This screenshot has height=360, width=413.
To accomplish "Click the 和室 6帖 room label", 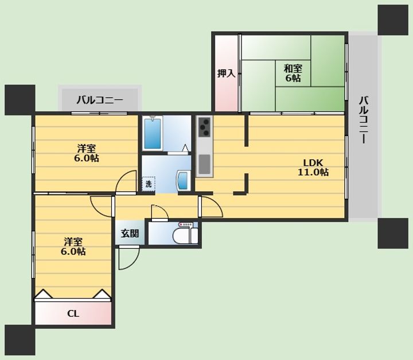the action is coord(293,73).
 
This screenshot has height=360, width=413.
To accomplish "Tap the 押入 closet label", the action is coord(226,73).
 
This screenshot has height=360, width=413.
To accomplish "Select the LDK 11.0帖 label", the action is coord(313,167).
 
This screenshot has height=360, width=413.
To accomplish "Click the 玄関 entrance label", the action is coord(130,234).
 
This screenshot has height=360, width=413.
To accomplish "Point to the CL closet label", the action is coord(73,313).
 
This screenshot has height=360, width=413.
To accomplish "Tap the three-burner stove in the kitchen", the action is coord(205,127).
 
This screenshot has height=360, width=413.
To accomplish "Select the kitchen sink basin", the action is coord(205,164).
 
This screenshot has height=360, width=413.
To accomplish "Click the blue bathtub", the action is coord(153,134).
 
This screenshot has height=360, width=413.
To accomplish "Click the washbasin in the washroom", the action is coord(184,180).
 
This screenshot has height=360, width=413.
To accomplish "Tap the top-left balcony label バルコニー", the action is coord(100,100).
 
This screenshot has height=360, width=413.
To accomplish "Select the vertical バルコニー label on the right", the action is coord(364,120).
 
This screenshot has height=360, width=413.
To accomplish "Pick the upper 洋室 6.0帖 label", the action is coord(87,153).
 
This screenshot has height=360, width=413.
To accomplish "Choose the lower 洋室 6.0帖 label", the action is coord(73,246).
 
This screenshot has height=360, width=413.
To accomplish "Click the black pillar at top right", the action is coord(393,20).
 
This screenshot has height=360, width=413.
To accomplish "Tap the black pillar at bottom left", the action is coord(20,340).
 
